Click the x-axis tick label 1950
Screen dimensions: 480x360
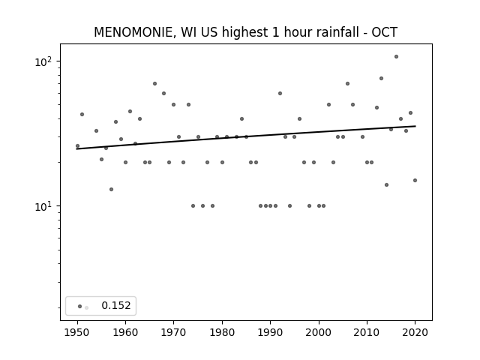(77, 332)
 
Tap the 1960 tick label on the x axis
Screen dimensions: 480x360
(125, 332)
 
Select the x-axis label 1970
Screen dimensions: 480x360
(173, 332)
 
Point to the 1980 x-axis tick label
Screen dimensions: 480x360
(222, 332)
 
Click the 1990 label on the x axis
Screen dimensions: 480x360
(270, 332)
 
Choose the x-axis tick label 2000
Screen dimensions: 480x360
(318, 332)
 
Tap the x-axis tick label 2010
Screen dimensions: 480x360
(367, 332)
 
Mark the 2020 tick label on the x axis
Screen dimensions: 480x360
(415, 332)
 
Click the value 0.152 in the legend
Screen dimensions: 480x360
(116, 305)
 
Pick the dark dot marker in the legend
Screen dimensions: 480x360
(80, 306)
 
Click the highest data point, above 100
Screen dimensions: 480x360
(396, 57)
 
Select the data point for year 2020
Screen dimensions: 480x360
(415, 180)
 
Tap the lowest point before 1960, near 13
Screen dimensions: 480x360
(111, 189)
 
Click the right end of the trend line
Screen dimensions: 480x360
(415, 126)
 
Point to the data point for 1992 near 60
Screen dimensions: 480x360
(280, 93)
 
